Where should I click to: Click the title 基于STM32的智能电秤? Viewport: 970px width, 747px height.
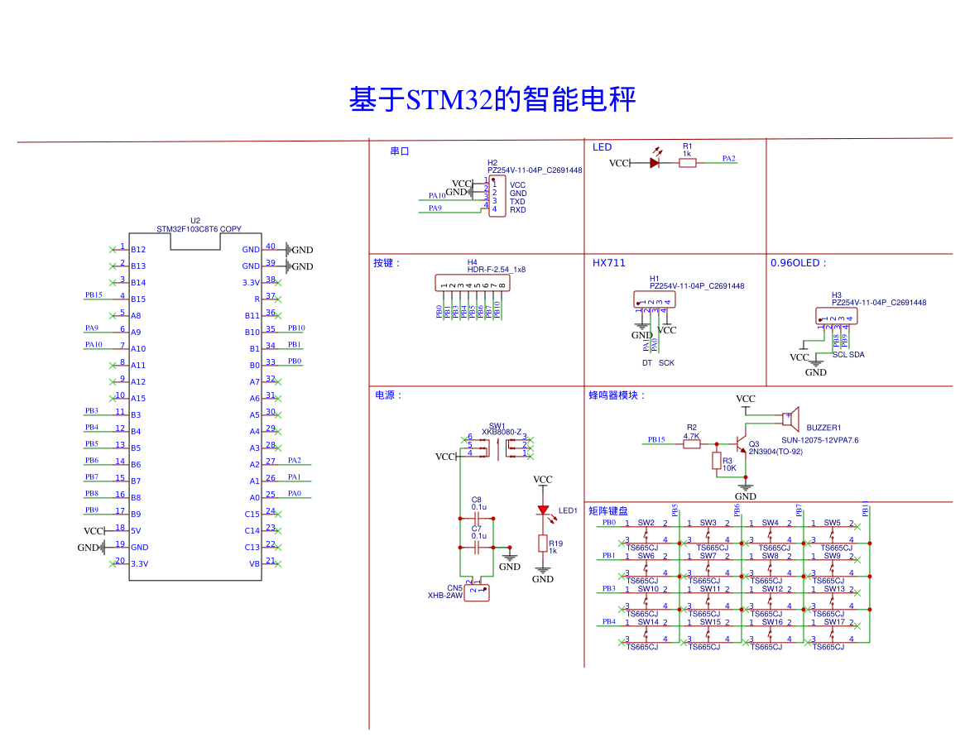[x=492, y=100]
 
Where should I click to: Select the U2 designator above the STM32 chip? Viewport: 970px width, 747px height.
[x=195, y=221]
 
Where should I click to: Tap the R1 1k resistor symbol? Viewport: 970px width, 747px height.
[x=688, y=163]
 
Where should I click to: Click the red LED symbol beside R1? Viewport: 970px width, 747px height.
[x=655, y=163]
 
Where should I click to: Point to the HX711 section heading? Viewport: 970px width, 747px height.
[x=608, y=263]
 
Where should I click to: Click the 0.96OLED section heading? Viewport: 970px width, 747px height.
[x=798, y=263]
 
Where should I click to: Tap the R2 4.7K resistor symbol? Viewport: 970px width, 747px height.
[x=692, y=444]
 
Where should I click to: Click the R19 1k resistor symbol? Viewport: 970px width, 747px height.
[x=543, y=543]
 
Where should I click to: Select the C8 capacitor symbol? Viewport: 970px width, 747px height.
[x=476, y=515]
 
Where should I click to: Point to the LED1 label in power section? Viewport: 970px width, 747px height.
[x=568, y=511]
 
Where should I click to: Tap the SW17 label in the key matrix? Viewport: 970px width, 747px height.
[x=833, y=622]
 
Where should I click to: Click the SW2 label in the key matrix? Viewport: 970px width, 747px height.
[x=646, y=523]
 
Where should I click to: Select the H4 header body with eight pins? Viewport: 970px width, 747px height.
[x=473, y=282]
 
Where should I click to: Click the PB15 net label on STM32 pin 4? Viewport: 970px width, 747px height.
[x=94, y=294]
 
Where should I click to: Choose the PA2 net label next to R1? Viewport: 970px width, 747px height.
[x=728, y=158]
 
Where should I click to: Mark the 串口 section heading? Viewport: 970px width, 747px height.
[x=400, y=151]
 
